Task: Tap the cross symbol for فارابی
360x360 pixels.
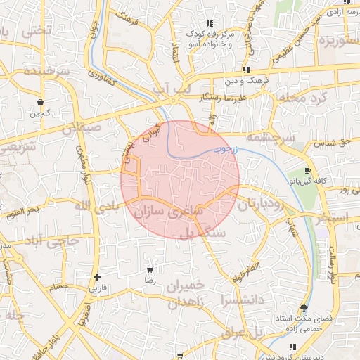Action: click(97, 277)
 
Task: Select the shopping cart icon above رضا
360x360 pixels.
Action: click(149, 270)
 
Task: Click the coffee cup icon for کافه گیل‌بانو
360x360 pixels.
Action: click(307, 171)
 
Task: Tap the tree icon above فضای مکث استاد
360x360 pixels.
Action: click(304, 308)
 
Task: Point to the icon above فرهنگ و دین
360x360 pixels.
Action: click(246, 70)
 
